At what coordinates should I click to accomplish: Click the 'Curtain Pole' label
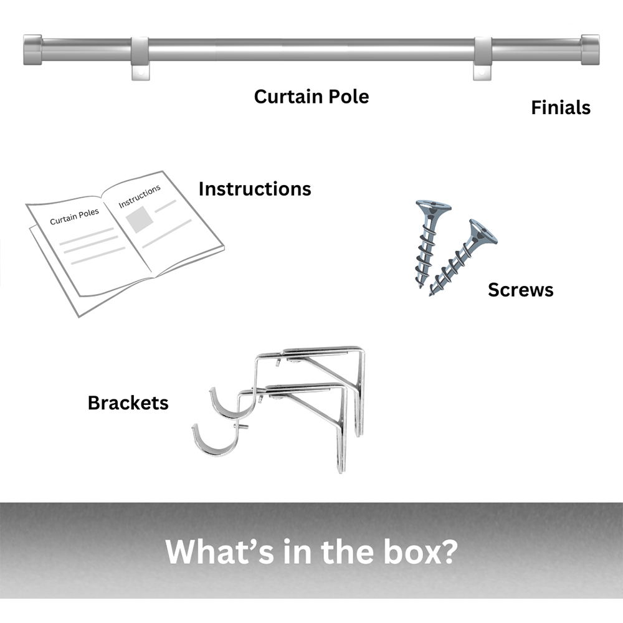311,97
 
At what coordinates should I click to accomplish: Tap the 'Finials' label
560,108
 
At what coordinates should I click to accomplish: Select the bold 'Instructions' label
254,189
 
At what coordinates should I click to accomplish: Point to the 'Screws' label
520,290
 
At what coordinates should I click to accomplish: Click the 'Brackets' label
128,402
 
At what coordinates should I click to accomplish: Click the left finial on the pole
32,49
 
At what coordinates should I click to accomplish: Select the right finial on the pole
590,49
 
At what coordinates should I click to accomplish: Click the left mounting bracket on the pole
140,58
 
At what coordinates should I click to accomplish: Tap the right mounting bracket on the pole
483,58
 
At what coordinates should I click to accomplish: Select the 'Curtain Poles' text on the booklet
74,216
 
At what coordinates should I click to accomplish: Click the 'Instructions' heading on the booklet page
139,195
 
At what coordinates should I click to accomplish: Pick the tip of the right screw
432,293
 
